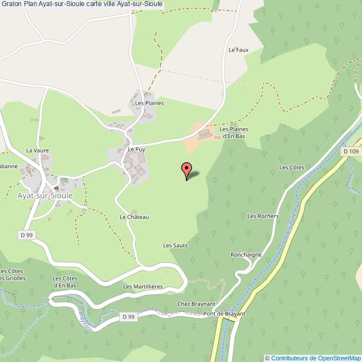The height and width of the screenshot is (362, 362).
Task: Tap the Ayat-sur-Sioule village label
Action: pos(45,196)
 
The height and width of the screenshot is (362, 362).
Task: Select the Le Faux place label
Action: pos(238,50)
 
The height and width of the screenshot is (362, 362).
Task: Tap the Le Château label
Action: pos(134,217)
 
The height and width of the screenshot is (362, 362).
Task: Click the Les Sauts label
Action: pos(175,245)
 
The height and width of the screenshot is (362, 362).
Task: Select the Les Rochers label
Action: pos(262,216)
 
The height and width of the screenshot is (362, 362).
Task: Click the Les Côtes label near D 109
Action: pos(291,168)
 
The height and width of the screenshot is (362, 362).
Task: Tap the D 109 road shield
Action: pos(351,151)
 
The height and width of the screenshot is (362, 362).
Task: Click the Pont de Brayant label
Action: pos(224,314)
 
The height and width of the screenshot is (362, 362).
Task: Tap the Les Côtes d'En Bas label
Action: pos(65,282)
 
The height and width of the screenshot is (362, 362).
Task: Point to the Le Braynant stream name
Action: pos(84,317)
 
